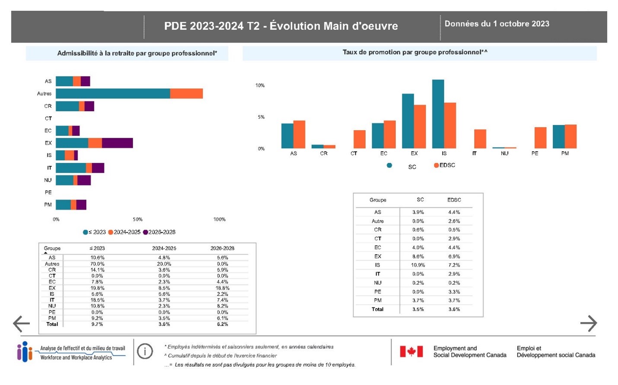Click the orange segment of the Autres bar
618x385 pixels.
186,93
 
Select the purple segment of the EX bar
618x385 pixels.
117,143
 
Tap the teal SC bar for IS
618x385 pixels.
438,114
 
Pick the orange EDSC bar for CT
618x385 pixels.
360,139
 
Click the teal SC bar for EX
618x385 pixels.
408,121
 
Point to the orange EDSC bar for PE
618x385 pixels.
540,138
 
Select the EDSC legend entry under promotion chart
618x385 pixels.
445,165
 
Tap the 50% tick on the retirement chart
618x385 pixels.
137,220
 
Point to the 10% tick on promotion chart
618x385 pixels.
260,85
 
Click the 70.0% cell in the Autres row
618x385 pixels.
97,264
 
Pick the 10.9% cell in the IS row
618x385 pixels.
418,265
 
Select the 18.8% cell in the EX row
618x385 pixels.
222,288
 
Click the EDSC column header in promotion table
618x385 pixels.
454,200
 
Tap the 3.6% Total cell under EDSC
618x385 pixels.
454,309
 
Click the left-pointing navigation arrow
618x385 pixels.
21,323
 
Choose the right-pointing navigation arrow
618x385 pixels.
589,323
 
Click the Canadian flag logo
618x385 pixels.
411,351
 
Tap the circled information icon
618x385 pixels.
145,351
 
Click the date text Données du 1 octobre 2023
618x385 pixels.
497,24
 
